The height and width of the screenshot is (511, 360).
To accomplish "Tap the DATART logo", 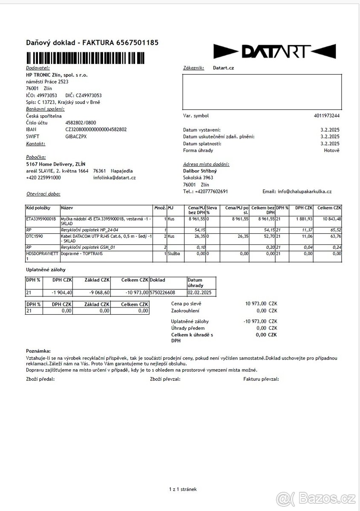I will [274, 51].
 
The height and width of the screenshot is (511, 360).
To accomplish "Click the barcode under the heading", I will [85, 57].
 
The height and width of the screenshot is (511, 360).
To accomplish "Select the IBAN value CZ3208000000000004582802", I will [96, 129].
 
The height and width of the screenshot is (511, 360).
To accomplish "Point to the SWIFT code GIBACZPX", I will [76, 136].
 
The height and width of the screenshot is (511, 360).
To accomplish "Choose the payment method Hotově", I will [331, 150].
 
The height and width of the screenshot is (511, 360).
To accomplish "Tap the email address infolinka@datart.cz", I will [114, 178].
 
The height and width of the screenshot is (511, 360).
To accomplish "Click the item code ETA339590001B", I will [41, 218].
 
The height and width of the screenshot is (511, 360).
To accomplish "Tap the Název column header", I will [66, 207].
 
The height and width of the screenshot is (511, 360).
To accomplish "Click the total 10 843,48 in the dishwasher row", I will [330, 218].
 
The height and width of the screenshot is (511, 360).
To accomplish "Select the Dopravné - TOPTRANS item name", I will [82, 253].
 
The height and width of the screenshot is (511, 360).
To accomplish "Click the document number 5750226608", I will [163, 293].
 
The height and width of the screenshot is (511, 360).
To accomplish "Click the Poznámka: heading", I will [38, 350].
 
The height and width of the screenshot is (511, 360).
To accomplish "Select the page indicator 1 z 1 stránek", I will [183, 489].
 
